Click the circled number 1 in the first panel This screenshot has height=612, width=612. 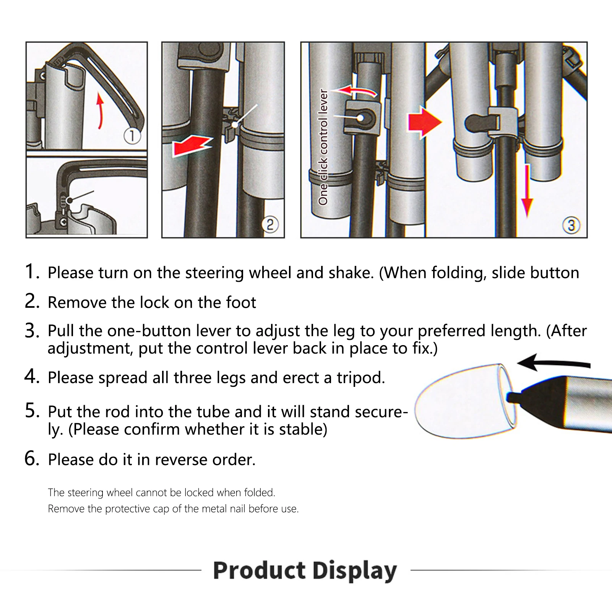(132, 136)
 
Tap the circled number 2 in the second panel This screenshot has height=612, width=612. (270, 224)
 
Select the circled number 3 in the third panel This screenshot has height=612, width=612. (571, 225)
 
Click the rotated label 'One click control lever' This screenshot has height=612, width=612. (323, 147)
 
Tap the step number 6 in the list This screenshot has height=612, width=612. (32, 458)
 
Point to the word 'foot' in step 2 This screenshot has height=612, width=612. (241, 302)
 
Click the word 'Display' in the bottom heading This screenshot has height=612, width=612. (354, 570)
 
